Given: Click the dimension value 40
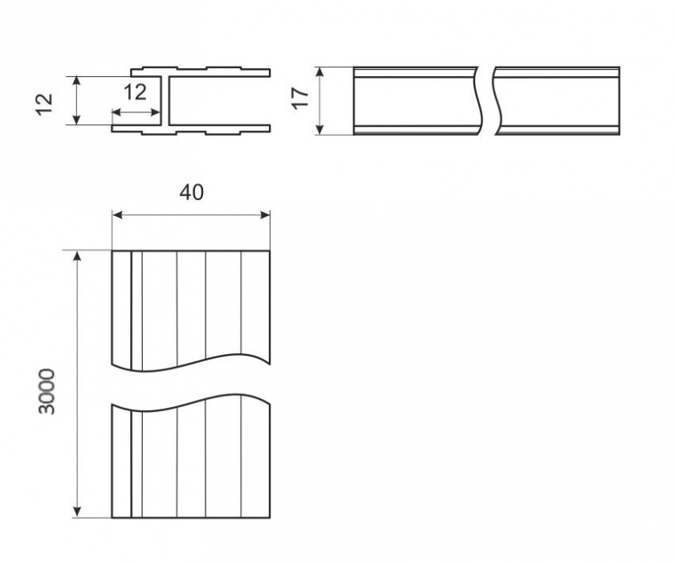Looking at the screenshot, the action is click(x=192, y=193).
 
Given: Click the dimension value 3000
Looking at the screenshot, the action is click(x=47, y=392).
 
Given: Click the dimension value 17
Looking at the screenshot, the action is click(x=301, y=98).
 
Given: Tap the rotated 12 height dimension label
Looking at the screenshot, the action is click(x=44, y=104).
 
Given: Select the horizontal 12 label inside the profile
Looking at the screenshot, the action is click(x=135, y=92).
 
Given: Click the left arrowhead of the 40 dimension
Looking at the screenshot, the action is click(x=117, y=215).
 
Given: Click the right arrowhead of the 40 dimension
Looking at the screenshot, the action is click(x=265, y=215).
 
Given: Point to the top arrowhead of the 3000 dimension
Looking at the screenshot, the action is click(x=76, y=256).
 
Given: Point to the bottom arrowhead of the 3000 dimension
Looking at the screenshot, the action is click(x=76, y=511).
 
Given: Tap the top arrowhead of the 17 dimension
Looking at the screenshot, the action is click(x=319, y=72).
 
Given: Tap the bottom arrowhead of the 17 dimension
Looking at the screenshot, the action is click(x=319, y=129).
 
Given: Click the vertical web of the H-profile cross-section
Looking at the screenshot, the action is click(x=165, y=101).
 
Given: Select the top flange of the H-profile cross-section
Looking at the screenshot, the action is click(x=201, y=72).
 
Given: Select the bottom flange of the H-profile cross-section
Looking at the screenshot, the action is click(x=191, y=129).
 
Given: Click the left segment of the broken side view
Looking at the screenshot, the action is click(x=417, y=101).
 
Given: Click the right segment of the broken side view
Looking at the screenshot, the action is click(x=558, y=101).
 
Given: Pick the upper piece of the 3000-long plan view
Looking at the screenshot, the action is click(x=191, y=310).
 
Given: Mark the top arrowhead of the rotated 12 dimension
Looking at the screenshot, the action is click(x=76, y=81).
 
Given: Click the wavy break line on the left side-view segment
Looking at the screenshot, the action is click(x=479, y=101).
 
